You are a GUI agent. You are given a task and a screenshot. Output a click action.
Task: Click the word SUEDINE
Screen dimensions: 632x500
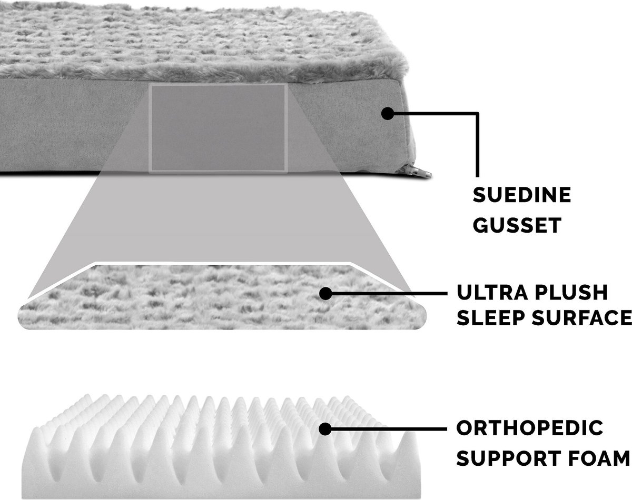[x=522, y=195]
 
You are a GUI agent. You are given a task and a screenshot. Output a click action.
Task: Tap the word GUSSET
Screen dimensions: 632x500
[x=517, y=225]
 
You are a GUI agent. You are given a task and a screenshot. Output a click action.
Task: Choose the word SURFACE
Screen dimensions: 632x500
[x=582, y=317]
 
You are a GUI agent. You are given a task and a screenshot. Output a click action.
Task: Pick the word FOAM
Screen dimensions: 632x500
[x=599, y=458]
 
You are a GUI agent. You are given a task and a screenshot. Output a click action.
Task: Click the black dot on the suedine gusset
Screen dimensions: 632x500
[x=388, y=113]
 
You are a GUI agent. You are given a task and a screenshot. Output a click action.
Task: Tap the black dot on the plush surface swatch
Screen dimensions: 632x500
[x=325, y=293]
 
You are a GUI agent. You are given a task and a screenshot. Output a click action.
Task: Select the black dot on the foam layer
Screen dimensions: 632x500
[x=325, y=429]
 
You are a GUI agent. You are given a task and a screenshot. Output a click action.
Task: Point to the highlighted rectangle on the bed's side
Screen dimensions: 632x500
[x=218, y=128]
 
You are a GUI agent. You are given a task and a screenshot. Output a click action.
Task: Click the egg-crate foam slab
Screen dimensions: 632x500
[x=220, y=446]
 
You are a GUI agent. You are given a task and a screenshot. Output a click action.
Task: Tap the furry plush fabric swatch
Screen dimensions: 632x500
[x=222, y=296]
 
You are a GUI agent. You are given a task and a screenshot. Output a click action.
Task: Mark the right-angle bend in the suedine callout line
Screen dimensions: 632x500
[x=478, y=113]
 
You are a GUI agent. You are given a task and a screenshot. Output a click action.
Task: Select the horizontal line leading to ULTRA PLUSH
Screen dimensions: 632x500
[x=386, y=293]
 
